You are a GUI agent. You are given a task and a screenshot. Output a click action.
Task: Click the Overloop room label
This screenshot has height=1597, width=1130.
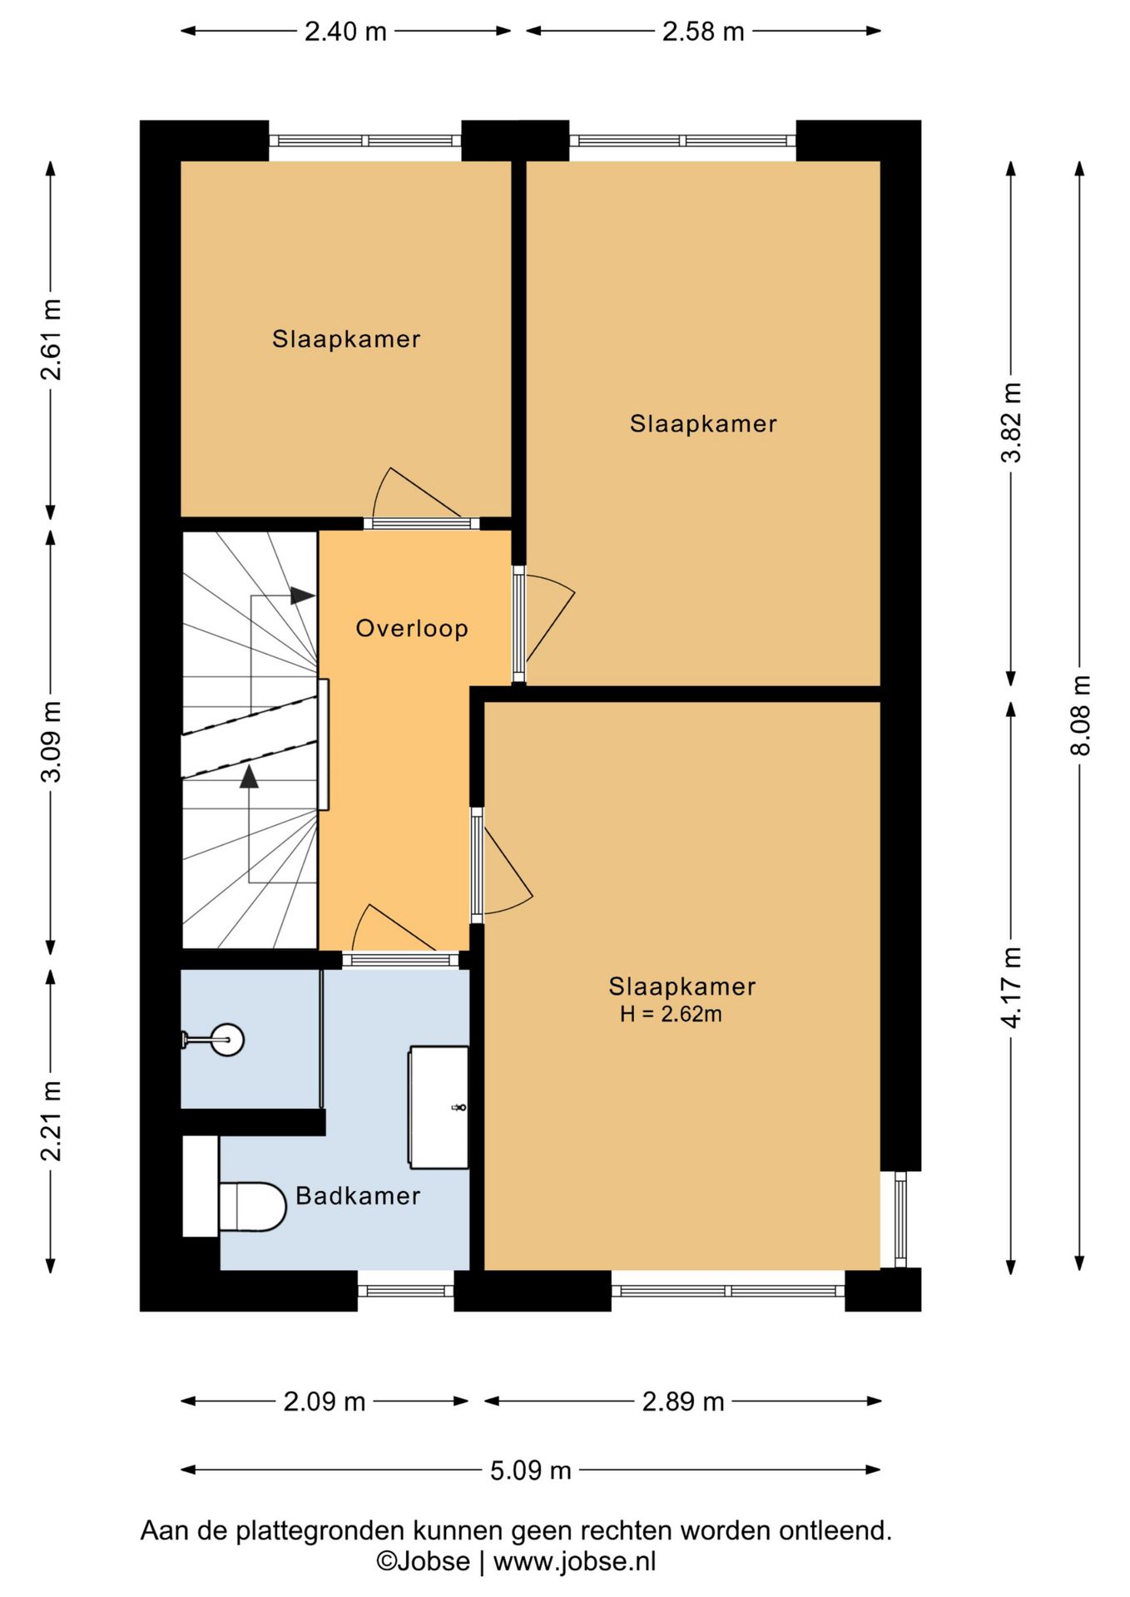click(412, 628)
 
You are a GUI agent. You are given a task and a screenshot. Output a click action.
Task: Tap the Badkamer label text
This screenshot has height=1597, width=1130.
click(358, 1196)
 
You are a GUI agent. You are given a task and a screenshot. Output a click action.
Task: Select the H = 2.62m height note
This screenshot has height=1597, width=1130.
click(671, 1014)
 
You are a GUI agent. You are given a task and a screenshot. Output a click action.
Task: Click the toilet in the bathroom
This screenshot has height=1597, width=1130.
click(252, 1207)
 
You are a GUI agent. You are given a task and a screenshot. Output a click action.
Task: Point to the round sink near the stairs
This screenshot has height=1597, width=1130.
click(226, 1040)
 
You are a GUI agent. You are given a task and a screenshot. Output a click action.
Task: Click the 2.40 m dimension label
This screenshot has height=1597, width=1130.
click(345, 32)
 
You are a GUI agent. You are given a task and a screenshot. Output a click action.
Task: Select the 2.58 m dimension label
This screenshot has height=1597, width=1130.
click(703, 32)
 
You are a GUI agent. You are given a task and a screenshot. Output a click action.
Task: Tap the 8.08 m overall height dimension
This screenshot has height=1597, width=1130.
click(1079, 715)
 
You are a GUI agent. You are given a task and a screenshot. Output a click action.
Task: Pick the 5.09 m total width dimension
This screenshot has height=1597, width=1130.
click(530, 1471)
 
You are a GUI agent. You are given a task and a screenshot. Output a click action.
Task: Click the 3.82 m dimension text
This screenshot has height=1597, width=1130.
click(1011, 423)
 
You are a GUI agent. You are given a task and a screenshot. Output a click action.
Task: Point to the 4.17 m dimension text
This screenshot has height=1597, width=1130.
click(1011, 987)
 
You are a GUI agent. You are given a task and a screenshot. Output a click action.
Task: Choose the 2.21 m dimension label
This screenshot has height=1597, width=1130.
click(51, 1121)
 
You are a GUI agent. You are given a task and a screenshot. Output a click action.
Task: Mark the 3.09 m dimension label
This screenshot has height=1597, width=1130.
click(51, 742)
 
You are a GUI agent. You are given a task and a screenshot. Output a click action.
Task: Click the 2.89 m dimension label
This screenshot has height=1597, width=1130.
click(683, 1402)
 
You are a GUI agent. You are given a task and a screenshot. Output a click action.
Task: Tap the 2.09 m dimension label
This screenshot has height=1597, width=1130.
click(325, 1402)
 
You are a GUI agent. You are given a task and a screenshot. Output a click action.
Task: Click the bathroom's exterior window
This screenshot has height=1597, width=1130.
click(406, 1291)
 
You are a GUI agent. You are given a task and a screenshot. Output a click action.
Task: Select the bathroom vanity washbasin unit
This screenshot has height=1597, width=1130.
click(439, 1107)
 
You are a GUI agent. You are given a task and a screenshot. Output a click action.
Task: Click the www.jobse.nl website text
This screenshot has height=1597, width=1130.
click(575, 1561)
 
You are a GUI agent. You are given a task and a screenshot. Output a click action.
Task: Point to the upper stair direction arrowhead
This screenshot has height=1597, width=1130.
click(302, 596)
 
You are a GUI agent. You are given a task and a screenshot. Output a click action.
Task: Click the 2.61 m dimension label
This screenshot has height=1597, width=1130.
click(51, 339)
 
